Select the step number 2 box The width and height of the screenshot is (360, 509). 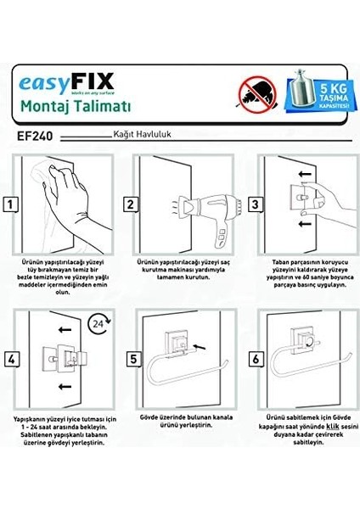132,204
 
